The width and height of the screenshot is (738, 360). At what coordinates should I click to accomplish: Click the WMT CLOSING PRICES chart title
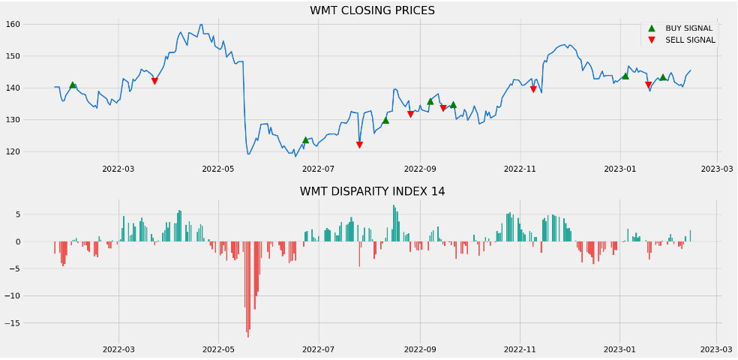pos(372,10)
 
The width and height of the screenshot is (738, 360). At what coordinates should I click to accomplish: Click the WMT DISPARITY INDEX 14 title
pos(372,191)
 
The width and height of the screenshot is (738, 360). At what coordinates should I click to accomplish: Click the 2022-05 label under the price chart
pos(218,169)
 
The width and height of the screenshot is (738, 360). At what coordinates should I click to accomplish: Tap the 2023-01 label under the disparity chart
pos(619,349)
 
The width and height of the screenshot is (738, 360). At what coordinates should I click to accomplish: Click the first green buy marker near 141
pos(73,85)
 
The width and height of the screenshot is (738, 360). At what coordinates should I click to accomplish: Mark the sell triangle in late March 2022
pos(154,81)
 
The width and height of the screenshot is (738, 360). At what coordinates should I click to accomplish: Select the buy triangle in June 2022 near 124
pos(305,140)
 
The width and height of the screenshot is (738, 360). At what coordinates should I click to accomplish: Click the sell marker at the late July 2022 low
pos(359,145)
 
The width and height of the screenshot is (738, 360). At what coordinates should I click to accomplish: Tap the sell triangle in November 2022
pos(533,89)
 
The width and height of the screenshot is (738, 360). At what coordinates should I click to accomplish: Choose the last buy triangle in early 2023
pos(663,77)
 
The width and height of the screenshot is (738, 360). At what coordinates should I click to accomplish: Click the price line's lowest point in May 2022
pos(248,154)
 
